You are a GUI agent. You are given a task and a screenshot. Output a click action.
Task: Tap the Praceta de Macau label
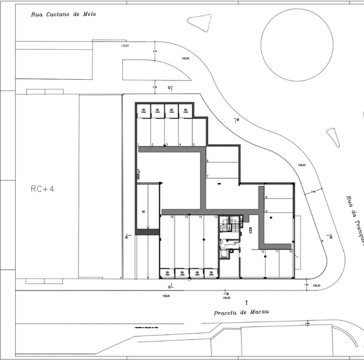[241, 313]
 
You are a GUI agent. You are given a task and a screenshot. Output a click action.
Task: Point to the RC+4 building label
[42, 188]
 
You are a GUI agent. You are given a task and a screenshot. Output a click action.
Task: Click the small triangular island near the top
[202, 23]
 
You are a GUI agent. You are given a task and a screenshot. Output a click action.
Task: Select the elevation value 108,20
[316, 286]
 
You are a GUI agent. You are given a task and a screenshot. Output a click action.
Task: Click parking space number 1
[139, 145]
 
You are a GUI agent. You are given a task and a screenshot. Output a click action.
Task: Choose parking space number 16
[172, 216]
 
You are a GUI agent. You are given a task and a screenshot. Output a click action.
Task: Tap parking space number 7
[207, 176]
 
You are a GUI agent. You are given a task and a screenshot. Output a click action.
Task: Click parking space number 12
[263, 251]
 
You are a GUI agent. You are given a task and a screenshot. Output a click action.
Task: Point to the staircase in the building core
[227, 226]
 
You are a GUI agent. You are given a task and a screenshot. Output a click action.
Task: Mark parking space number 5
[194, 145]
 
